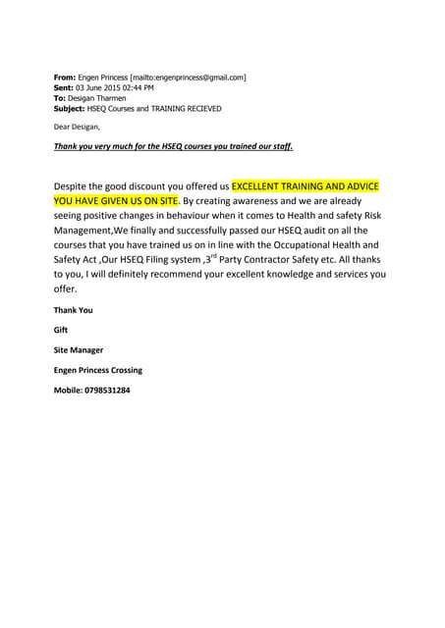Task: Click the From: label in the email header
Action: [64, 77]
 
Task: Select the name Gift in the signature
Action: [62, 330]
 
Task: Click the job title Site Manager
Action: [78, 349]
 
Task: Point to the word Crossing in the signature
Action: [124, 370]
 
